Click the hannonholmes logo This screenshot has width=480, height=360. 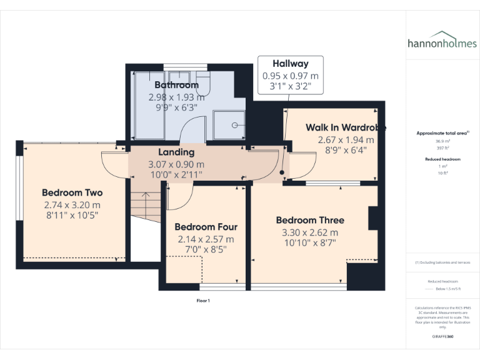[x=442, y=42]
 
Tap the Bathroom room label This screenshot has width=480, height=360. [x=176, y=85]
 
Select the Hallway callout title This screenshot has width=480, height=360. [x=291, y=64]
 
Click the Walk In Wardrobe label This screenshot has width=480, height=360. [x=345, y=127]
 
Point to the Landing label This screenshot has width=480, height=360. [x=176, y=152]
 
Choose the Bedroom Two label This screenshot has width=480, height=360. [x=72, y=192]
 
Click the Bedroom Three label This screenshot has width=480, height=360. [x=310, y=220]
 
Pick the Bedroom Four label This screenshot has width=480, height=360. [x=206, y=227]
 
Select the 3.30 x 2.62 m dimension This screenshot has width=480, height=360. [x=310, y=232]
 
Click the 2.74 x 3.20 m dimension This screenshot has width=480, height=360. [x=72, y=204]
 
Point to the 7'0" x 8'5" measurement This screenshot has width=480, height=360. [x=206, y=250]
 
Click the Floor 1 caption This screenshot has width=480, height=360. [x=203, y=301]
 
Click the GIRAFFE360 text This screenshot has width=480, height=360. [x=442, y=337]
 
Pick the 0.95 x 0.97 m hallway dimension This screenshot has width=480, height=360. [x=291, y=76]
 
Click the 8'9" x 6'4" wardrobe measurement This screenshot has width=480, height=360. [x=345, y=150]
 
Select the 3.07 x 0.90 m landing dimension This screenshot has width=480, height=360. [x=176, y=164]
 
